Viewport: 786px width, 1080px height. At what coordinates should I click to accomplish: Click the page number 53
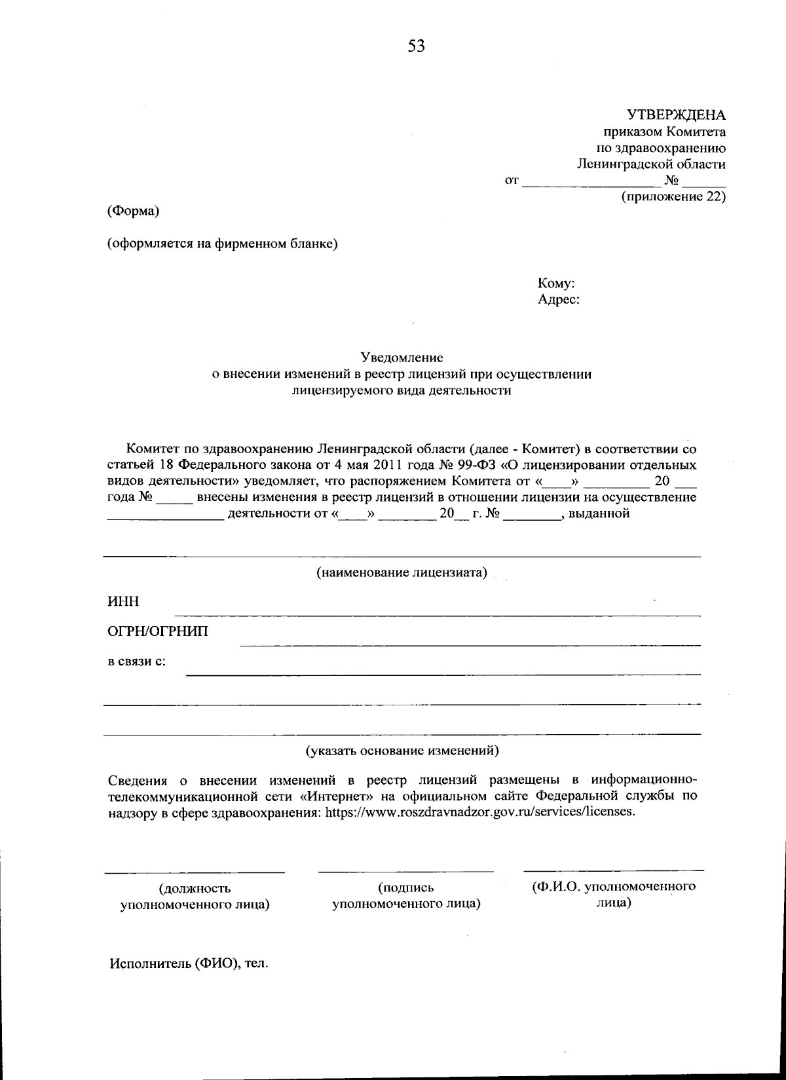tap(416, 46)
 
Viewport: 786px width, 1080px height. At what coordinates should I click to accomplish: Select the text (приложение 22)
tap(673, 196)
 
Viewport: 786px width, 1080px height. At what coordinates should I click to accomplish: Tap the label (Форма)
tap(133, 212)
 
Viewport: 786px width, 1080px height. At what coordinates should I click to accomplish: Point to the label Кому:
tap(556, 284)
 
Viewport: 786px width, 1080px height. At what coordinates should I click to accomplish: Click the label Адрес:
tap(558, 301)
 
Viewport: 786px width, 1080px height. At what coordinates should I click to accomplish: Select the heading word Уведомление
tap(402, 358)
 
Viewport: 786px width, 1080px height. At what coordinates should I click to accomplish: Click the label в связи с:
tap(136, 661)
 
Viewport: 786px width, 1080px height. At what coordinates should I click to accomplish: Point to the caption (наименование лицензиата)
tap(402, 572)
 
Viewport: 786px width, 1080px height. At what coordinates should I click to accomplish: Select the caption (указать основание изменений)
tap(402, 751)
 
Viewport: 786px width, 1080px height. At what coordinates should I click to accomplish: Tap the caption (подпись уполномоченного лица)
tap(406, 896)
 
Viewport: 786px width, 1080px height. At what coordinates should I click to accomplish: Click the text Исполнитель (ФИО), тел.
tap(189, 964)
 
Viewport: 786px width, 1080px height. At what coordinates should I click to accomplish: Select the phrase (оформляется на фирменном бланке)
tap(222, 244)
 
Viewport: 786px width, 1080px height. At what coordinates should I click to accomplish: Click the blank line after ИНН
tap(437, 614)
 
